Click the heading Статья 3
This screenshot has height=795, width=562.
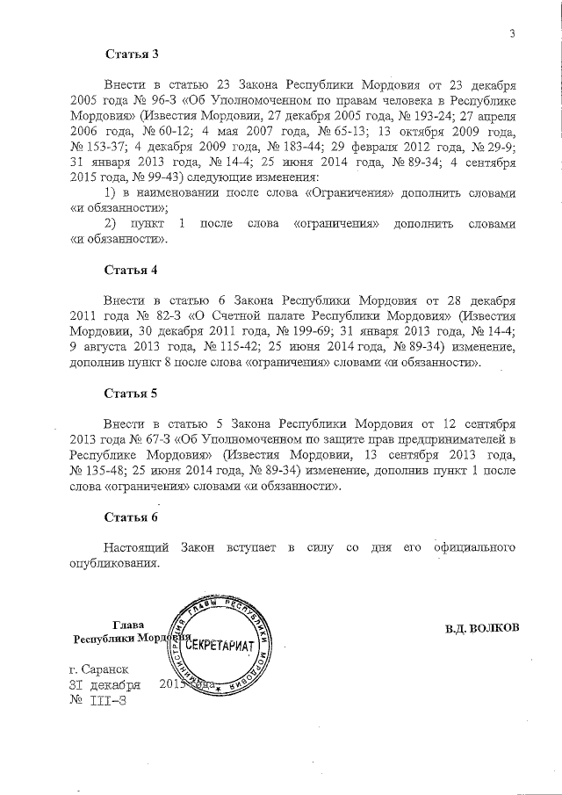click(131, 54)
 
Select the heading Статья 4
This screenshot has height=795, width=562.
click(131, 268)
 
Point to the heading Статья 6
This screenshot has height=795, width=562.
click(131, 517)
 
